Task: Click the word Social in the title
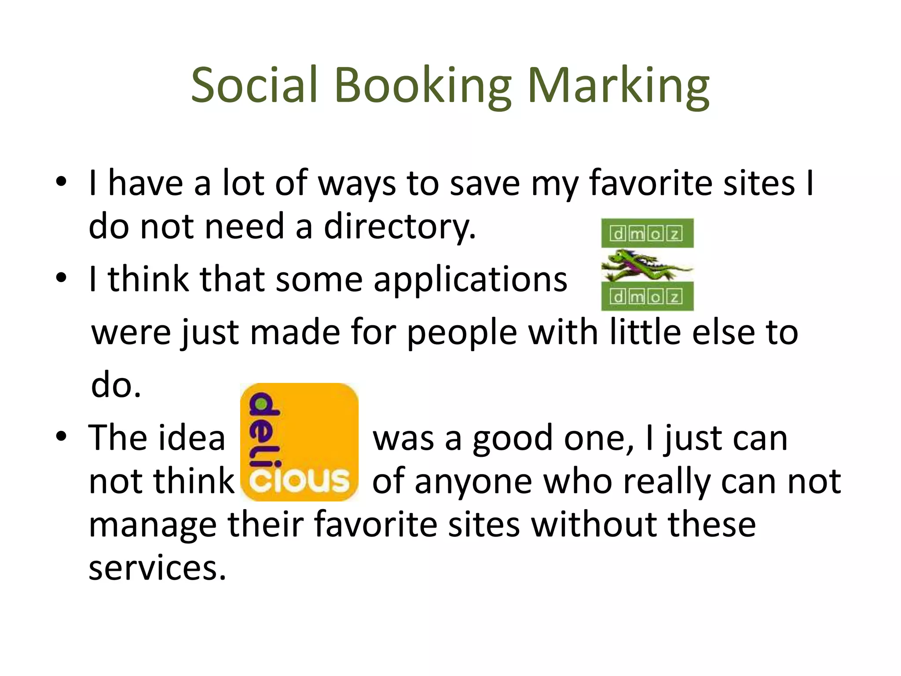254,84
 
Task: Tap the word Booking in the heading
423,86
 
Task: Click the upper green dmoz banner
647,233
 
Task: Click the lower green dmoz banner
647,297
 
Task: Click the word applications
470,279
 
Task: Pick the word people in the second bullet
461,333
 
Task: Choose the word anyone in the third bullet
473,481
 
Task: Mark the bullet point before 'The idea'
61,437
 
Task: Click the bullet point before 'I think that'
61,278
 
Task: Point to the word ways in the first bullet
357,184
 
